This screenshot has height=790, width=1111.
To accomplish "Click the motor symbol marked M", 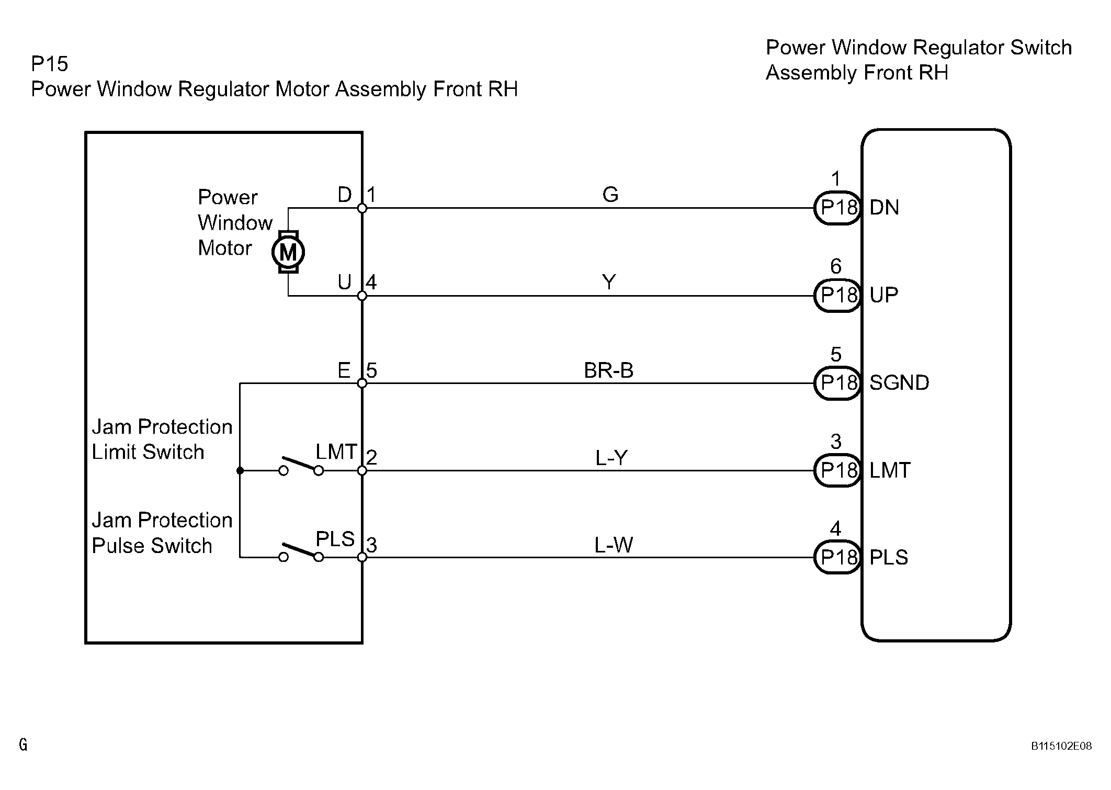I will pos(288,252).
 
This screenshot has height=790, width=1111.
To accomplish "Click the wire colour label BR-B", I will pos(608,370).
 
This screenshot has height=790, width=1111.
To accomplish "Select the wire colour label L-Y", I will pos(611,458).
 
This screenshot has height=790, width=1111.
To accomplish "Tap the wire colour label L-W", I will pos(613,546).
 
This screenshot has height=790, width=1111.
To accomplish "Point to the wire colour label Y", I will pos(609,283).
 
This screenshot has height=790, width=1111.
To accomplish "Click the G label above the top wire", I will pos(610,195).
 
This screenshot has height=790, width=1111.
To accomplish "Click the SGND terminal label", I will pos(899,383).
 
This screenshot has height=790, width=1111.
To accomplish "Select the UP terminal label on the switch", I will pos(884,296).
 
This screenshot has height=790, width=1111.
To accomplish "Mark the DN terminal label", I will pos(884,208).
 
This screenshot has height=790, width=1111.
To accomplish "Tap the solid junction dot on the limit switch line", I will pos(240,471).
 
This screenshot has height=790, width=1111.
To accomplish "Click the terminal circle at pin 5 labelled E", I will pos(362,383).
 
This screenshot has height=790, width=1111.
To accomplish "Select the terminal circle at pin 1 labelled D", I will pos(362,208).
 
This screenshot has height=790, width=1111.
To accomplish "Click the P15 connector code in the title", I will pos(50,64).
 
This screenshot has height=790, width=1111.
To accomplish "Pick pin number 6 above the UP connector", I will pos(836,267).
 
